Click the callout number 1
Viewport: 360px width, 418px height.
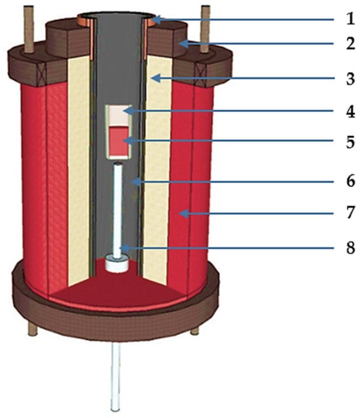click(x=350, y=19)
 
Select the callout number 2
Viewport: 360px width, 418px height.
click(x=350, y=43)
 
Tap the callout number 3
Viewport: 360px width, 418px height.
click(x=350, y=79)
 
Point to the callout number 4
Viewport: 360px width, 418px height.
click(x=350, y=111)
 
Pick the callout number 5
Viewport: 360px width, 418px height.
click(x=350, y=141)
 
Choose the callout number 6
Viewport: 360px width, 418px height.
click(x=350, y=181)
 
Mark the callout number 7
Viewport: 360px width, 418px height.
click(x=350, y=213)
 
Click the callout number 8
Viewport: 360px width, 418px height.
click(x=350, y=248)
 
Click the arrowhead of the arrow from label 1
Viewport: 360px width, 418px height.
click(x=156, y=20)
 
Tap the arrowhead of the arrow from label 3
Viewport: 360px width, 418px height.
click(x=155, y=78)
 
